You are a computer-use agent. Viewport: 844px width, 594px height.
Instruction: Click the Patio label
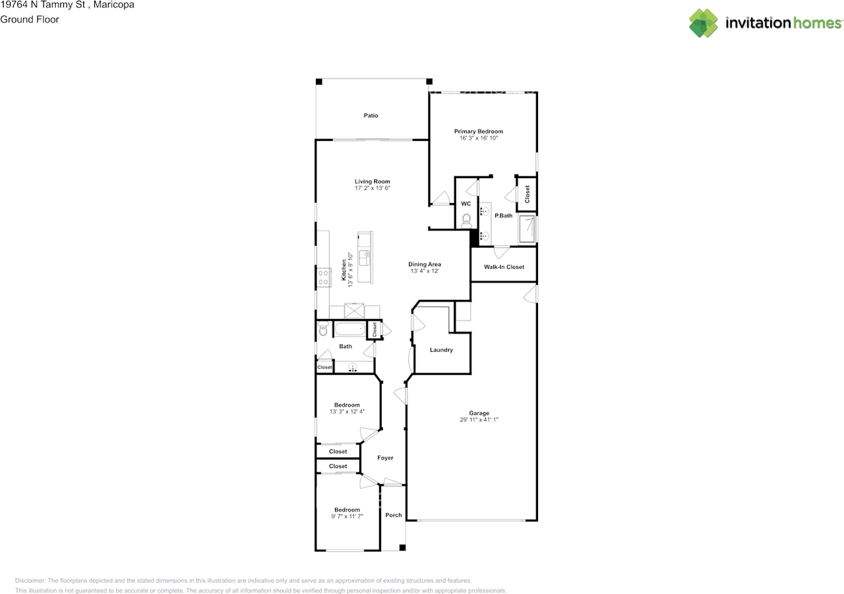(x=371, y=115)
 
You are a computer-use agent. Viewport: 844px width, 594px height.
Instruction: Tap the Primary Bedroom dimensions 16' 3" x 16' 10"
(x=479, y=138)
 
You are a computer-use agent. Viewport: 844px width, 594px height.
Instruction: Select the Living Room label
(x=373, y=181)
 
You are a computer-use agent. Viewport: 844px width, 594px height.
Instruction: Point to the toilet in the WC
(x=466, y=221)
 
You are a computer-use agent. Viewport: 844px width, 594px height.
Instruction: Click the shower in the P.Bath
(x=527, y=229)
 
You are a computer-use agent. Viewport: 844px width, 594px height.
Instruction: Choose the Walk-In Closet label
(x=504, y=267)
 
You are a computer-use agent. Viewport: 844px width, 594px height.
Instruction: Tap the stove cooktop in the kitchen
(x=323, y=278)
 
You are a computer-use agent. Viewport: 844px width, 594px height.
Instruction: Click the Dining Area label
(x=425, y=264)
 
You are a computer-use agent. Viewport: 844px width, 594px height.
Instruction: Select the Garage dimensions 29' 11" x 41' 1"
(x=479, y=419)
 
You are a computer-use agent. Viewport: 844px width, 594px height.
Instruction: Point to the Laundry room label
(x=441, y=350)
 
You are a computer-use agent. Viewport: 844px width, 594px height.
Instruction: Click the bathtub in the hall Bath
(x=350, y=329)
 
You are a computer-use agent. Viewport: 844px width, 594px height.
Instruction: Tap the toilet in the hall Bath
(x=323, y=328)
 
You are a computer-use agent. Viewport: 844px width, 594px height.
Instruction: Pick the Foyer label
(x=385, y=458)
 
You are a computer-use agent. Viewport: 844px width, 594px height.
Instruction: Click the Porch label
(x=394, y=515)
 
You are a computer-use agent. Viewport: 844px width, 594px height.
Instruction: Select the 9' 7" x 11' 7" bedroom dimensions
(x=347, y=516)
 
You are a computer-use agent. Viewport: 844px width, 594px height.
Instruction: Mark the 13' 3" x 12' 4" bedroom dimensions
(x=347, y=411)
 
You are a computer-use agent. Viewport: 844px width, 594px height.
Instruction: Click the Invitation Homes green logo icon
(x=704, y=23)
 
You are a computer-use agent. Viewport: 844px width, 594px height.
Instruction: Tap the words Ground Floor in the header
(x=30, y=20)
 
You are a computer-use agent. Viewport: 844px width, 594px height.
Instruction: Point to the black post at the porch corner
(x=402, y=548)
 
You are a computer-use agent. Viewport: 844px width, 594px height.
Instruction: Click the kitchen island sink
(x=365, y=258)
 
